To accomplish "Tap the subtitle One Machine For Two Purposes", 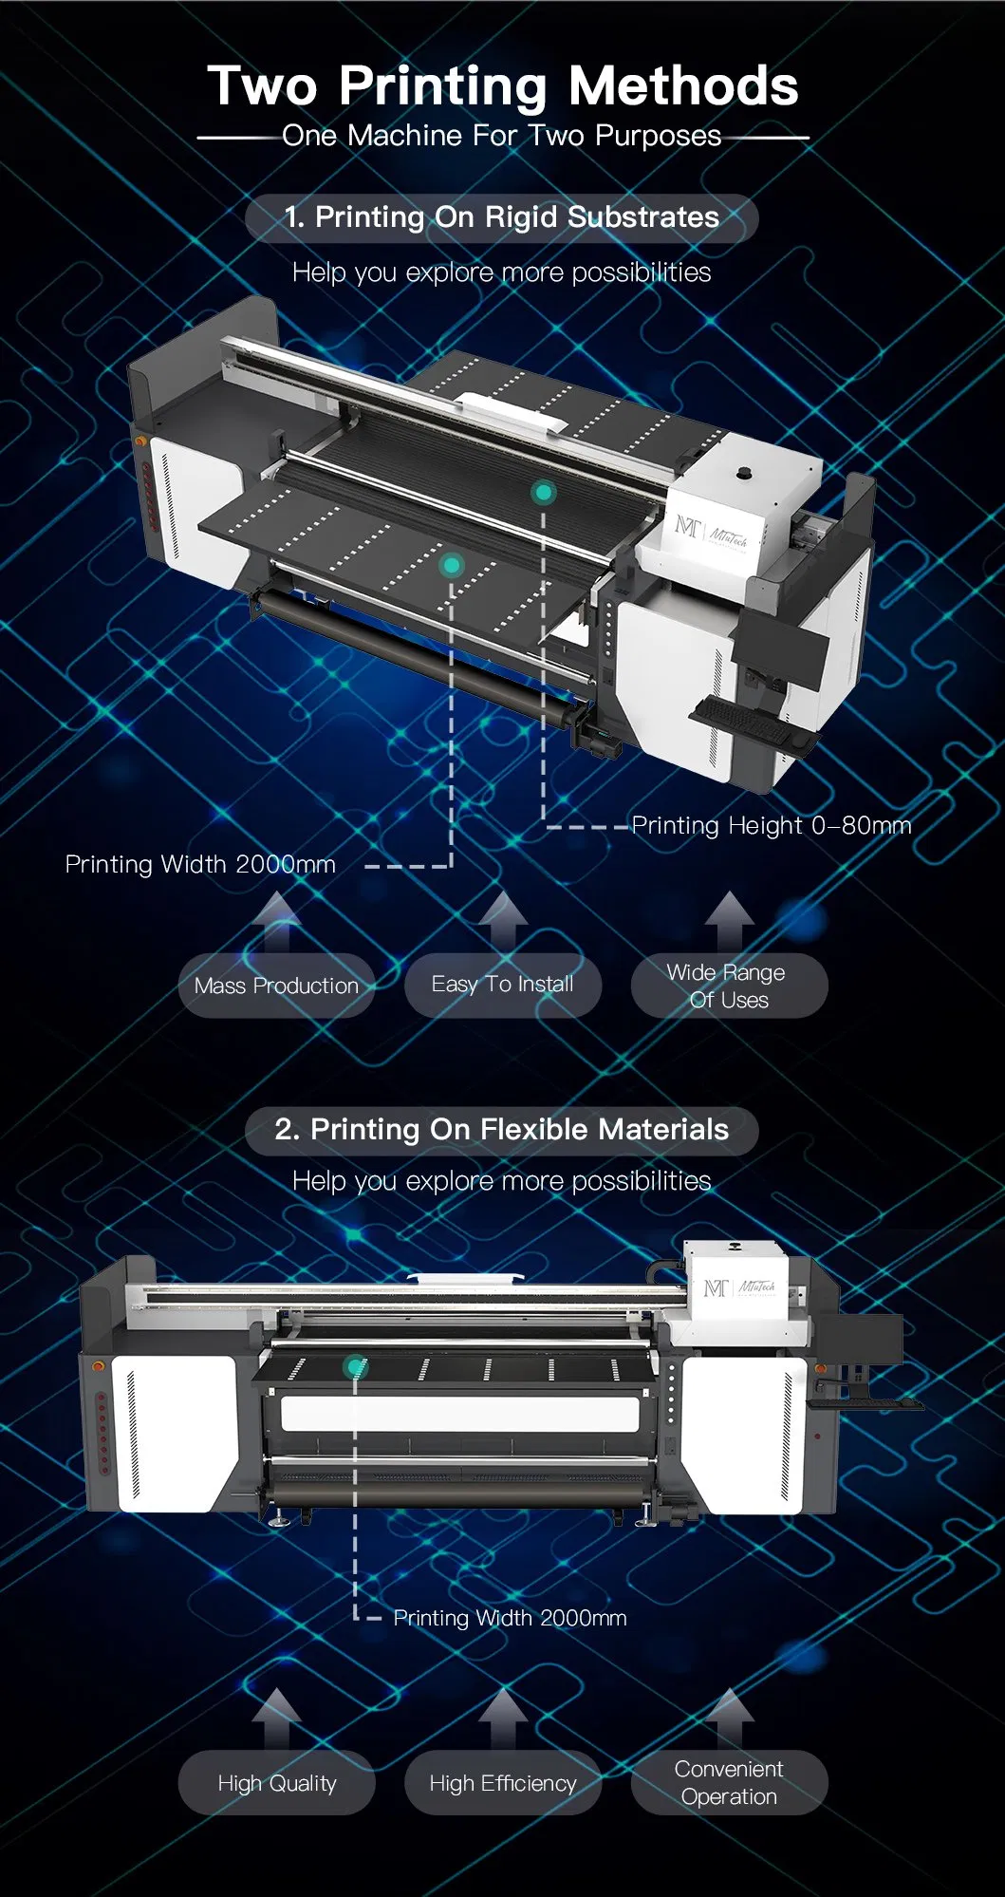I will [x=502, y=136].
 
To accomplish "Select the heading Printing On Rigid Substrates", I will [x=502, y=217].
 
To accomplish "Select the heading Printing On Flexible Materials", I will [x=502, y=1130].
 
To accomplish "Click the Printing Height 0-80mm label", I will [x=771, y=825].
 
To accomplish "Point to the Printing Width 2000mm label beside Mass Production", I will [x=200, y=864].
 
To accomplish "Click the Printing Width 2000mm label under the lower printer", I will [x=510, y=1618].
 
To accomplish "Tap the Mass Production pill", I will [x=276, y=986].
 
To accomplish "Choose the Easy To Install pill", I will [x=502, y=985].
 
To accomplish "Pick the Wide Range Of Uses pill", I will [x=729, y=986].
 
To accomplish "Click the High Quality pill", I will [x=276, y=1783].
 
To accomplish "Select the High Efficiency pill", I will [x=502, y=1783].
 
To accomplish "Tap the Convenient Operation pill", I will [x=729, y=1782].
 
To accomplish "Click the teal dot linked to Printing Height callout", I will [x=544, y=492].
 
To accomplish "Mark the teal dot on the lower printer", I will [x=355, y=1367].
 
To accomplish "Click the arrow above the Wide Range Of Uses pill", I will [x=729, y=918].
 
